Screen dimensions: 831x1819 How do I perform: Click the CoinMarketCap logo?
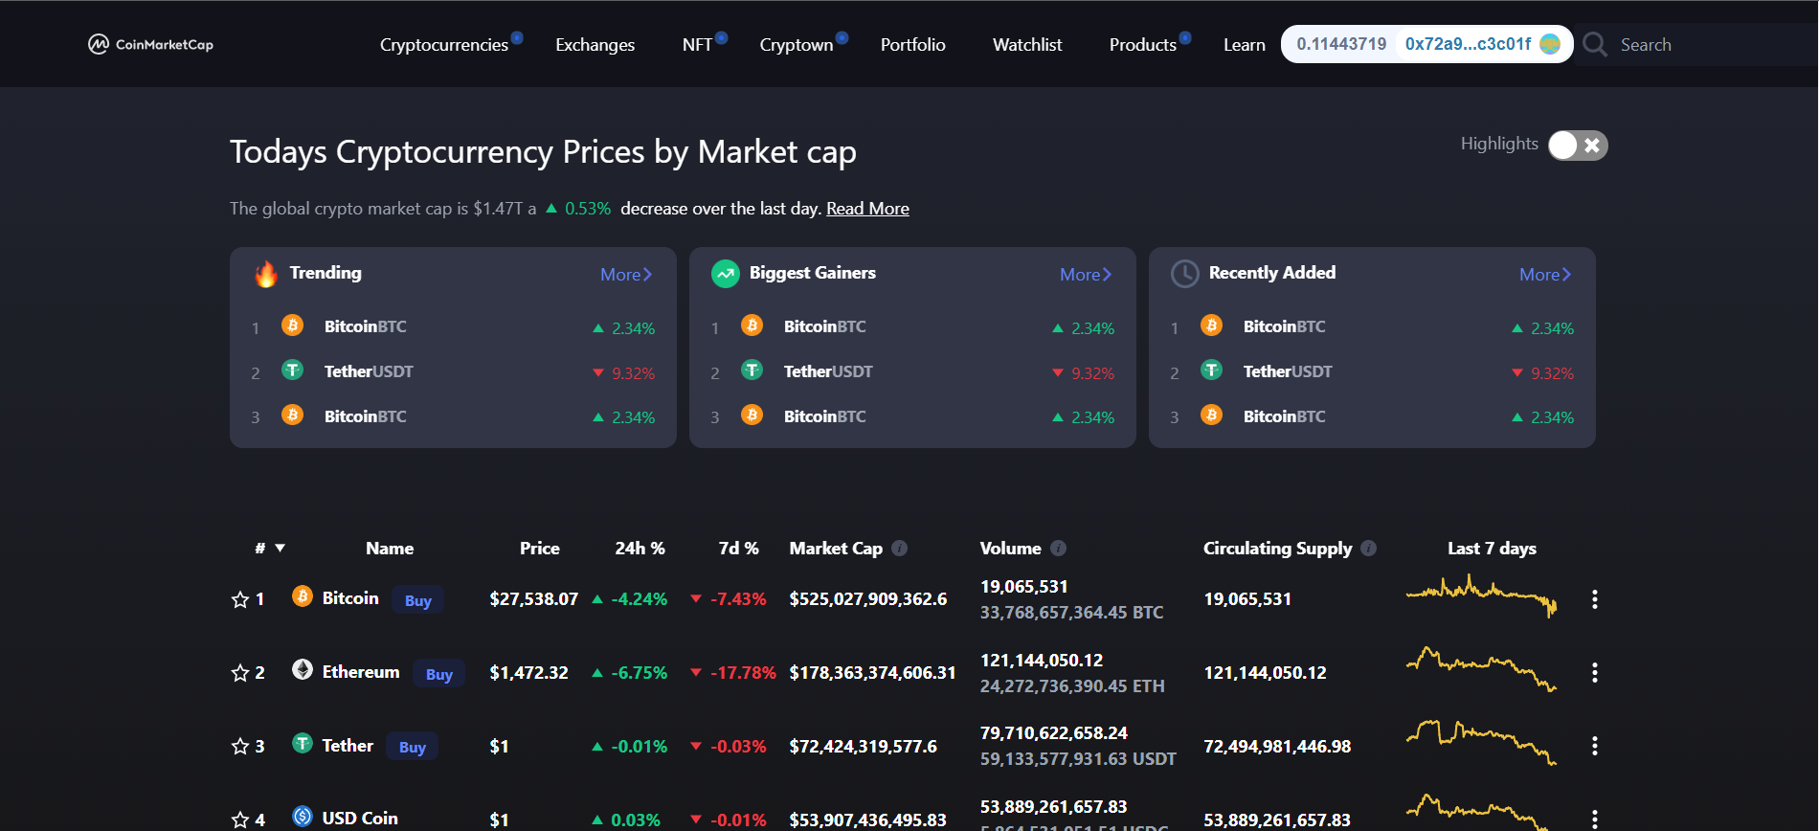[150, 44]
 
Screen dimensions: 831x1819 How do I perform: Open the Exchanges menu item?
[595, 45]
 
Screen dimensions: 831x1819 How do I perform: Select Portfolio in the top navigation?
[912, 45]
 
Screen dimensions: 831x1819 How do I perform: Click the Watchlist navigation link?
[1027, 45]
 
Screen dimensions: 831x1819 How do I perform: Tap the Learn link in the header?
[1244, 45]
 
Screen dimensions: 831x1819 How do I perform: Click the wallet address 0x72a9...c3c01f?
[1468, 44]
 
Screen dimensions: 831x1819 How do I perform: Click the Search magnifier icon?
[1594, 45]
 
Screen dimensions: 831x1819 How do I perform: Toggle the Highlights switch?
[1577, 145]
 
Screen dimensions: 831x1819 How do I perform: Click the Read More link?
[867, 209]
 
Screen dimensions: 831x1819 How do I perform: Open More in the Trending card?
[625, 275]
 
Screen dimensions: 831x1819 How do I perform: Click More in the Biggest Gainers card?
[1085, 275]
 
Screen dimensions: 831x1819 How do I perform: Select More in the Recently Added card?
[1544, 275]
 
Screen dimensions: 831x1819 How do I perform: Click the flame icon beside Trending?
[266, 274]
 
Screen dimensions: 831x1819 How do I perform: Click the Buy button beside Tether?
[412, 747]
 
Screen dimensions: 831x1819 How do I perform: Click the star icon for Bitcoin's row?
[240, 599]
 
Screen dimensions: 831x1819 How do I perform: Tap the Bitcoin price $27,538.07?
[533, 599]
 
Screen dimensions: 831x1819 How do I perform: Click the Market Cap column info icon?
[899, 549]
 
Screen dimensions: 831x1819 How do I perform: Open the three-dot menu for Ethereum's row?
[1594, 673]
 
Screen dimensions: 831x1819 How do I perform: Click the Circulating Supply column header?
[1277, 549]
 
